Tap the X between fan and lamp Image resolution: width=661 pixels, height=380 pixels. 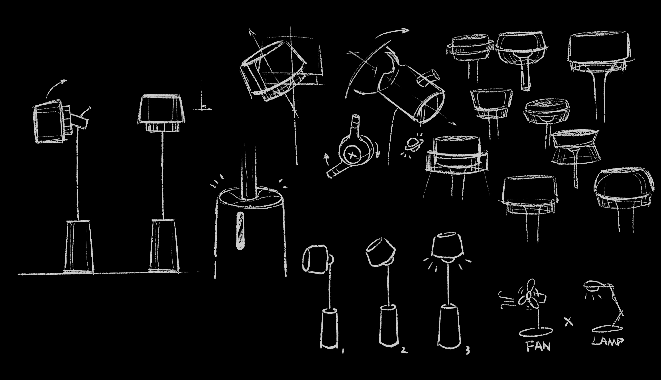569,321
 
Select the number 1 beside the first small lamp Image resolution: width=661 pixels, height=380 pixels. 343,351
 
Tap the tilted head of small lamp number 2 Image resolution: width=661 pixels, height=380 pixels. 380,252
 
